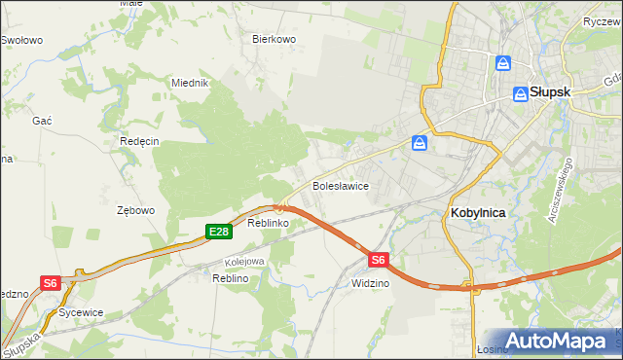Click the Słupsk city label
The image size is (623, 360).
[550, 92]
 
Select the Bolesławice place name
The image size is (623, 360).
[339, 184]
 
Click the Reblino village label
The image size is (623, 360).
[231, 278]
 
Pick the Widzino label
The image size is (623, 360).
[371, 283]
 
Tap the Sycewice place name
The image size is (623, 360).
[81, 313]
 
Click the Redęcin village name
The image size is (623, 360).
[139, 140]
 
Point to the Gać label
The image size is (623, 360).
[42, 119]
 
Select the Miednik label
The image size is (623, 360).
[191, 83]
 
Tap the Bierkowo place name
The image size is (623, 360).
[274, 39]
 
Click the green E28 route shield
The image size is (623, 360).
[218, 231]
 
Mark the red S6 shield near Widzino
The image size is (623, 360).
[380, 260]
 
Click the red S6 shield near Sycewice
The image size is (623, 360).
[51, 282]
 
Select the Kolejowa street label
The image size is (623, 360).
[245, 261]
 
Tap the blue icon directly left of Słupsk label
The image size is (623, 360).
[521, 93]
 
